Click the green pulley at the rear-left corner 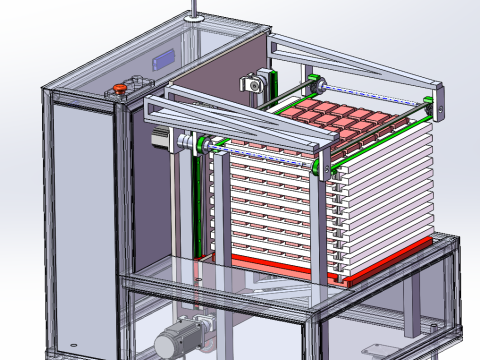coord(315,81)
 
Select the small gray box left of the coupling coord(158,141)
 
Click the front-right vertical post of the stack coord(321,225)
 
